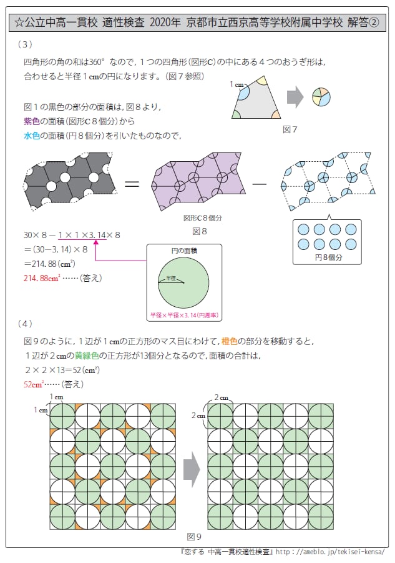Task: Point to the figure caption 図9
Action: pos(194,536)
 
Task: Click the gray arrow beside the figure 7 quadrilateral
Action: pos(295,97)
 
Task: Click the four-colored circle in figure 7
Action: pos(320,97)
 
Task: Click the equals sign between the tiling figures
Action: pos(132,184)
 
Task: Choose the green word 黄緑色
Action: pos(87,356)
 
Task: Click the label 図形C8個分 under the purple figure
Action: pos(199,219)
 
